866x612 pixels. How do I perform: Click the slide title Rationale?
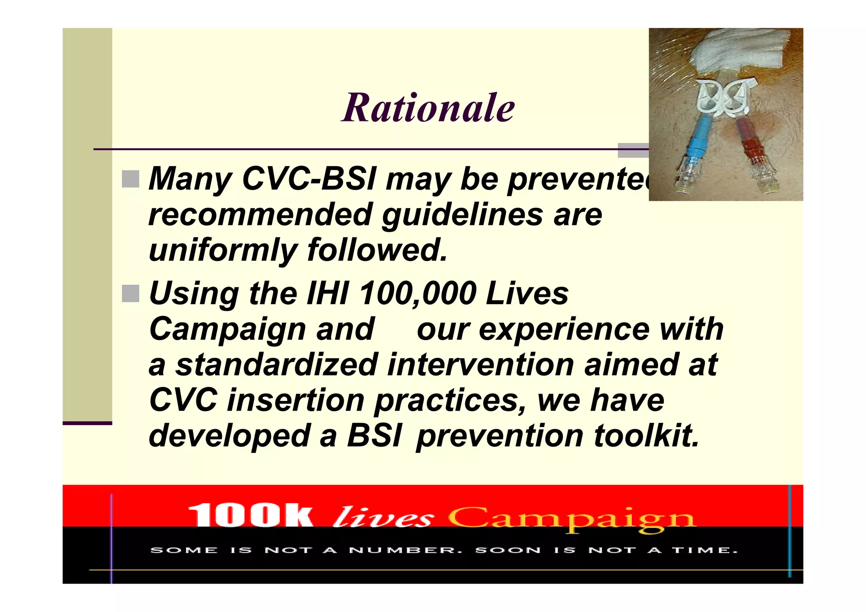tap(428, 108)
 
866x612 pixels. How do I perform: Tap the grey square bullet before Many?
tap(130, 179)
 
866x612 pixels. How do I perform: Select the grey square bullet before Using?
tap(130, 294)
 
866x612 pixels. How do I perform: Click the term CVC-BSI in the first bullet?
tap(309, 179)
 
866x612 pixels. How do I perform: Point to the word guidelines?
tap(462, 214)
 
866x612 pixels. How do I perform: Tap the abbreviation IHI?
tap(328, 294)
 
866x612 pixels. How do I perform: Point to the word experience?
tap(533, 329)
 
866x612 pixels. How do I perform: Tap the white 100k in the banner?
tap(250, 516)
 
